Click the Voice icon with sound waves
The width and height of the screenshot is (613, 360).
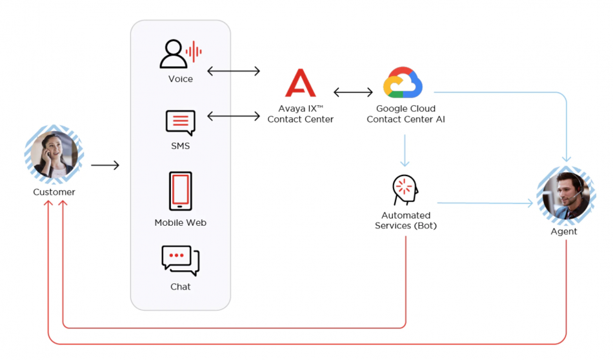[181, 54]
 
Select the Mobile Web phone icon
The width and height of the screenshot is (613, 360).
[181, 191]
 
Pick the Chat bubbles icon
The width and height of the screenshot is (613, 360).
[181, 261]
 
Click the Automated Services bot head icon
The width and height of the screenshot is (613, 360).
[405, 189]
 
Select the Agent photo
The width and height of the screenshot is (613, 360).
[565, 195]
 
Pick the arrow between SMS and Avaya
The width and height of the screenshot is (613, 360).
[234, 116]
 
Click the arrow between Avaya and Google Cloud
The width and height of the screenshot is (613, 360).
[353, 92]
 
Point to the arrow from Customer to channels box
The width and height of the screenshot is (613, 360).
[105, 166]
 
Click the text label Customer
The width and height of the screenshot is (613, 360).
[54, 192]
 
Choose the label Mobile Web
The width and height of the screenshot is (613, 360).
[181, 223]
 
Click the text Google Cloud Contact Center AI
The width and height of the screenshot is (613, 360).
[406, 114]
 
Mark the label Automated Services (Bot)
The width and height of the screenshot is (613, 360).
[406, 221]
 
